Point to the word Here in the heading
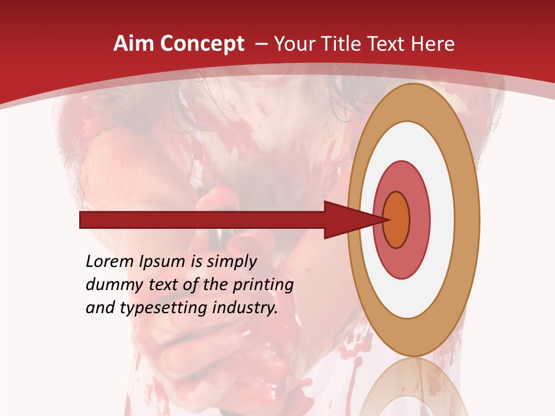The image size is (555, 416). pyautogui.click(x=434, y=43)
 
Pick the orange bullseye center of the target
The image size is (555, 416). pyautogui.click(x=397, y=220)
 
